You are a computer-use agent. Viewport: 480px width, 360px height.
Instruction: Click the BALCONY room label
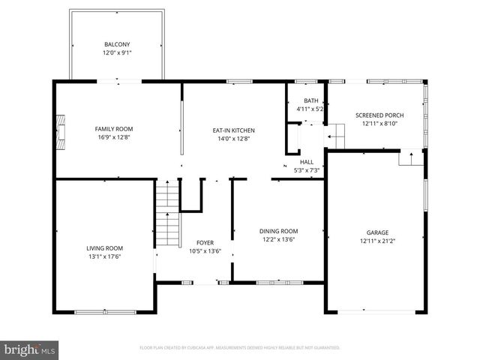[x=116, y=44]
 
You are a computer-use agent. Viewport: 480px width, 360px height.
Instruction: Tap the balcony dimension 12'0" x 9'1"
[x=116, y=52]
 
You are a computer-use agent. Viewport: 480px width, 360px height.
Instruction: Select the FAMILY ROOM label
[x=113, y=129]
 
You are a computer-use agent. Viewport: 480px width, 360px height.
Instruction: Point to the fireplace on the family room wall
[x=62, y=129]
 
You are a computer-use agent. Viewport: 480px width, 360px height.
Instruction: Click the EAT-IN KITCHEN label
[x=234, y=130]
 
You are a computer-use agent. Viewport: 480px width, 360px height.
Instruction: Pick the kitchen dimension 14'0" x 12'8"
[x=234, y=139]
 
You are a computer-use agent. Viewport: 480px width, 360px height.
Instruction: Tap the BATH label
[x=310, y=100]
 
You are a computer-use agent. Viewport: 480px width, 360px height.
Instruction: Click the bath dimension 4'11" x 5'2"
[x=310, y=109]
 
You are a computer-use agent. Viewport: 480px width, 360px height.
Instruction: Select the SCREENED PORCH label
[x=379, y=115]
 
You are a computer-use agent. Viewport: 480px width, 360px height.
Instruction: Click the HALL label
[x=307, y=161]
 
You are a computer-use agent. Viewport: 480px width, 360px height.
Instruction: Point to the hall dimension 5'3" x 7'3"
[x=307, y=170]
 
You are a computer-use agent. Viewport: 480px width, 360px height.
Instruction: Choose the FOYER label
[x=205, y=242]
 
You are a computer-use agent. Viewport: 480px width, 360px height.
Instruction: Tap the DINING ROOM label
[x=278, y=231]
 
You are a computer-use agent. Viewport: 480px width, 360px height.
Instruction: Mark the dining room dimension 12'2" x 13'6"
[x=278, y=240]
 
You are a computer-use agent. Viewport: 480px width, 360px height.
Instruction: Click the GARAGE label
[x=377, y=232]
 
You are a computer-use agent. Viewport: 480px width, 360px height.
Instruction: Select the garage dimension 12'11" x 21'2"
[x=377, y=241]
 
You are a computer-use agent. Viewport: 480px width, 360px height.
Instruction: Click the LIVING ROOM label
[x=104, y=248]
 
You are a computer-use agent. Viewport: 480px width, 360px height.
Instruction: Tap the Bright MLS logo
[x=30, y=349]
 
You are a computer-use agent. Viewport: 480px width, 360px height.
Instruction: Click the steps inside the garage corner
[x=410, y=158]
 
